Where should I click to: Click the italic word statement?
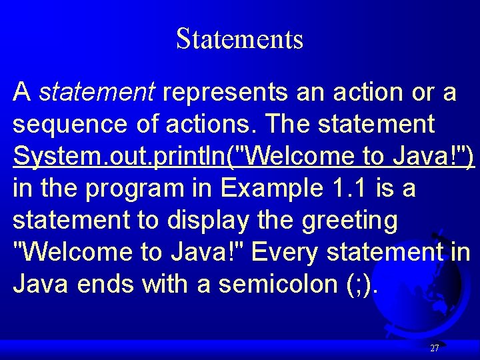(97, 92)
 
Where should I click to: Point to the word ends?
(106, 284)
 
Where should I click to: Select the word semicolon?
(267, 284)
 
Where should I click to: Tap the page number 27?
(435, 348)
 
